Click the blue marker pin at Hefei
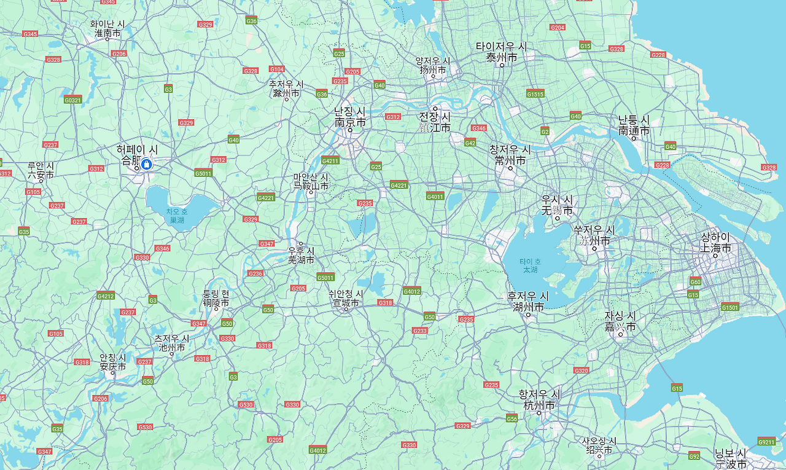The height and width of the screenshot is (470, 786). tap(146, 165)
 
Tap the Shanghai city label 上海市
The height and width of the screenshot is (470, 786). tap(716, 248)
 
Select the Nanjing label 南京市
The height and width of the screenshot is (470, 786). tap(350, 122)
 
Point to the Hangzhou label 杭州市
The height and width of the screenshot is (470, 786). tap(539, 405)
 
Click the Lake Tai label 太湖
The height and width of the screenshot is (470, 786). tap(529, 270)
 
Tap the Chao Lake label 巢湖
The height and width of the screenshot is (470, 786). tap(177, 219)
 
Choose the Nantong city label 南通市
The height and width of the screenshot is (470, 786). tap(634, 131)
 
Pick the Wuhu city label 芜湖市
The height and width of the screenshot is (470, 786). tap(301, 260)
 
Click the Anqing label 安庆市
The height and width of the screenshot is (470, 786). tap(113, 367)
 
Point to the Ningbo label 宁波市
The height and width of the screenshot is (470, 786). tap(731, 464)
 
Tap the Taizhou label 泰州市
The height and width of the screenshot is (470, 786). tap(501, 57)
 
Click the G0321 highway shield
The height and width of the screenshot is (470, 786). tap(72, 100)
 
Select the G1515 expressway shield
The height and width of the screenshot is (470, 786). tap(535, 93)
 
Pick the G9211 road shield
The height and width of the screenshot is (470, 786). tap(766, 441)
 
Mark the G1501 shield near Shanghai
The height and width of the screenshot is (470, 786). tap(730, 307)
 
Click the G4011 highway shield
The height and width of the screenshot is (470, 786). tap(435, 196)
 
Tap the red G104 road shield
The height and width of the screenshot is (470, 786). tap(276, 69)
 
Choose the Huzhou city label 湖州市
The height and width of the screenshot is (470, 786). tap(529, 307)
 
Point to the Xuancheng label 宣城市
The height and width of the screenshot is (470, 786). tap(346, 303)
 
